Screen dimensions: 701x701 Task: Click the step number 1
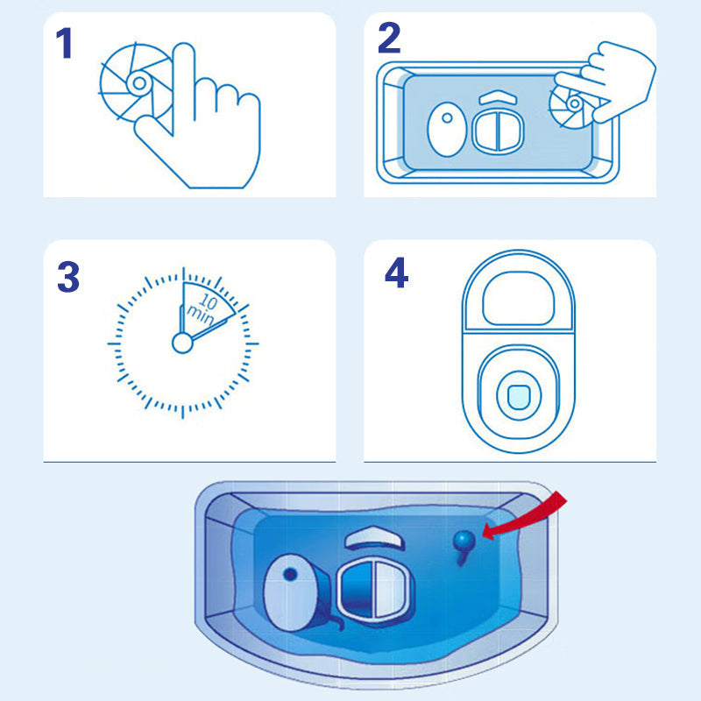point(65,45)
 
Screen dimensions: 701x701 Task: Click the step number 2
point(389,41)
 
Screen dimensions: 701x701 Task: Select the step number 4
point(396,273)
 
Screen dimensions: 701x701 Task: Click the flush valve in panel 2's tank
point(497,128)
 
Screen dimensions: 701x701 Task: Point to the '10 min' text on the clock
point(200,308)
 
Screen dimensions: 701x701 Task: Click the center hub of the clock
point(181,343)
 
